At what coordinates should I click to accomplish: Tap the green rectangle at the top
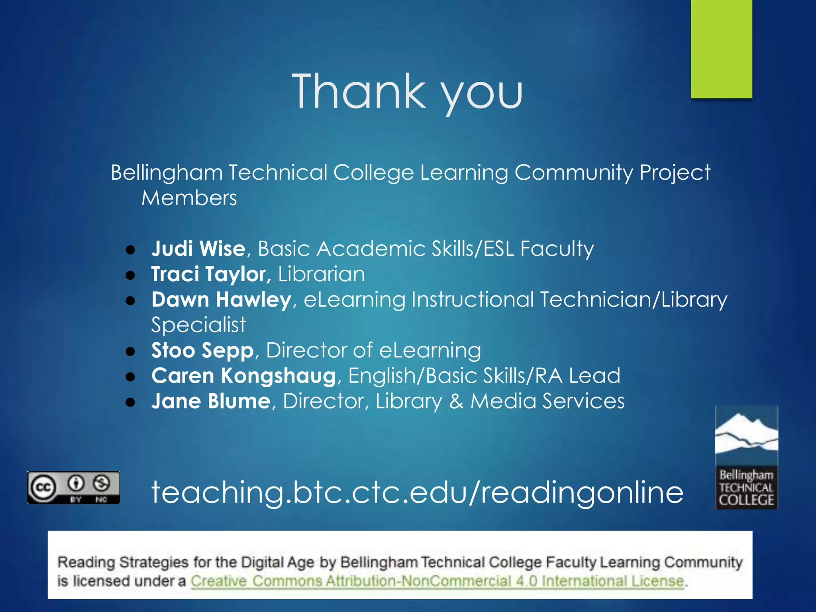[721, 49]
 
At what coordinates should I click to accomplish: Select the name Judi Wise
[198, 249]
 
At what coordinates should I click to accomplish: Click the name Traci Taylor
[208, 275]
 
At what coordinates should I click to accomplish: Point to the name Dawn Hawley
[221, 300]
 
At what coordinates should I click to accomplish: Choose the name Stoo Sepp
[202, 351]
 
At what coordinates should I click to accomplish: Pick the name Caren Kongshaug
[243, 376]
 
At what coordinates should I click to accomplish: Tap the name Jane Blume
[211, 401]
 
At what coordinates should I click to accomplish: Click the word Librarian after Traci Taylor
[321, 275]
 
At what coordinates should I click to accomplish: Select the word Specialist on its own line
[198, 325]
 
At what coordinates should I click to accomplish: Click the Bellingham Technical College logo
[746, 457]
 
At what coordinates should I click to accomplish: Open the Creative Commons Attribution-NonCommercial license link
[437, 581]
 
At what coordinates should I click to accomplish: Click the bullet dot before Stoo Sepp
[130, 351]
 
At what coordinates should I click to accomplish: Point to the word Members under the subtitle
[189, 198]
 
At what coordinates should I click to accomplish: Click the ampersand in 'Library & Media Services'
[456, 401]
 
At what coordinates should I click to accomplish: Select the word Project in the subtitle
[675, 173]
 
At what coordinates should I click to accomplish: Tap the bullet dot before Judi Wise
[130, 250]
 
